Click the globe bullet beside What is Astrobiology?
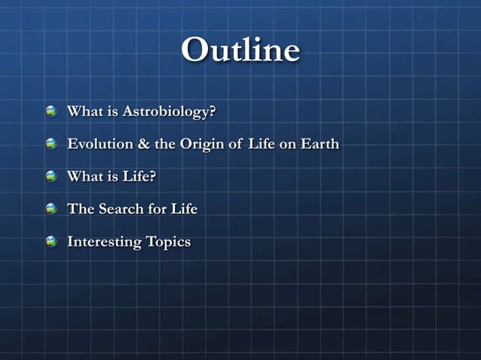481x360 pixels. (x=51, y=111)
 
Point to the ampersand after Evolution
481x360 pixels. (x=144, y=144)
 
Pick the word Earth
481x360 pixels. (x=320, y=144)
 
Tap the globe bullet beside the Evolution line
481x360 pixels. (x=51, y=144)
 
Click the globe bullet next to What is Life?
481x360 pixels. (x=51, y=176)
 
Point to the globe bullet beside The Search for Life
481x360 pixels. (x=51, y=209)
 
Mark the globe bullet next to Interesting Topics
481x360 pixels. (x=51, y=241)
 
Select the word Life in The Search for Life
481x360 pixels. (x=183, y=209)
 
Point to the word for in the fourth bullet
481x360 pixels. (x=156, y=209)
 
